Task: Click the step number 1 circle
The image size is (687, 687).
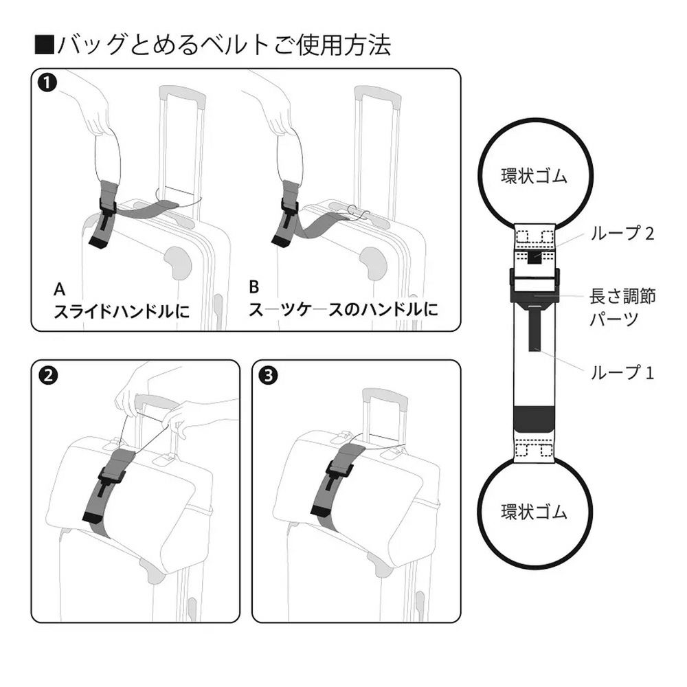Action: pos(47,83)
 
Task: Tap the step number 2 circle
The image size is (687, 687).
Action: pos(48,376)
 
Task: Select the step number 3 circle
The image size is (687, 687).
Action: pos(269,376)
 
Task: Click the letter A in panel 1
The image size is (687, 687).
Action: pos(60,289)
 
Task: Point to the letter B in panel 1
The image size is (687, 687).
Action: pos(254,287)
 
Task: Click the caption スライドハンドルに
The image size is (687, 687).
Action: pos(122,311)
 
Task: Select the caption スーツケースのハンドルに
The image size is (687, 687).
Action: pos(343,309)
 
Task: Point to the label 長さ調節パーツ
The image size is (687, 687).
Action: pos(622,307)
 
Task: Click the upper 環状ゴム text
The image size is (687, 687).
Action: pos(534,176)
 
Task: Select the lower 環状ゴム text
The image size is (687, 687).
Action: pos(534,512)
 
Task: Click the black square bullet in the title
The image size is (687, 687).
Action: pos(44,45)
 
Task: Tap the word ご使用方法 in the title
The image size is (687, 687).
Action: pos(331,45)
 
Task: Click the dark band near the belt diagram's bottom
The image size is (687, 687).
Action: pos(534,419)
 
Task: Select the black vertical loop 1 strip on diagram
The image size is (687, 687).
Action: pos(534,329)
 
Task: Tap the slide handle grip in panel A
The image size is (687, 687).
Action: pos(183,97)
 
